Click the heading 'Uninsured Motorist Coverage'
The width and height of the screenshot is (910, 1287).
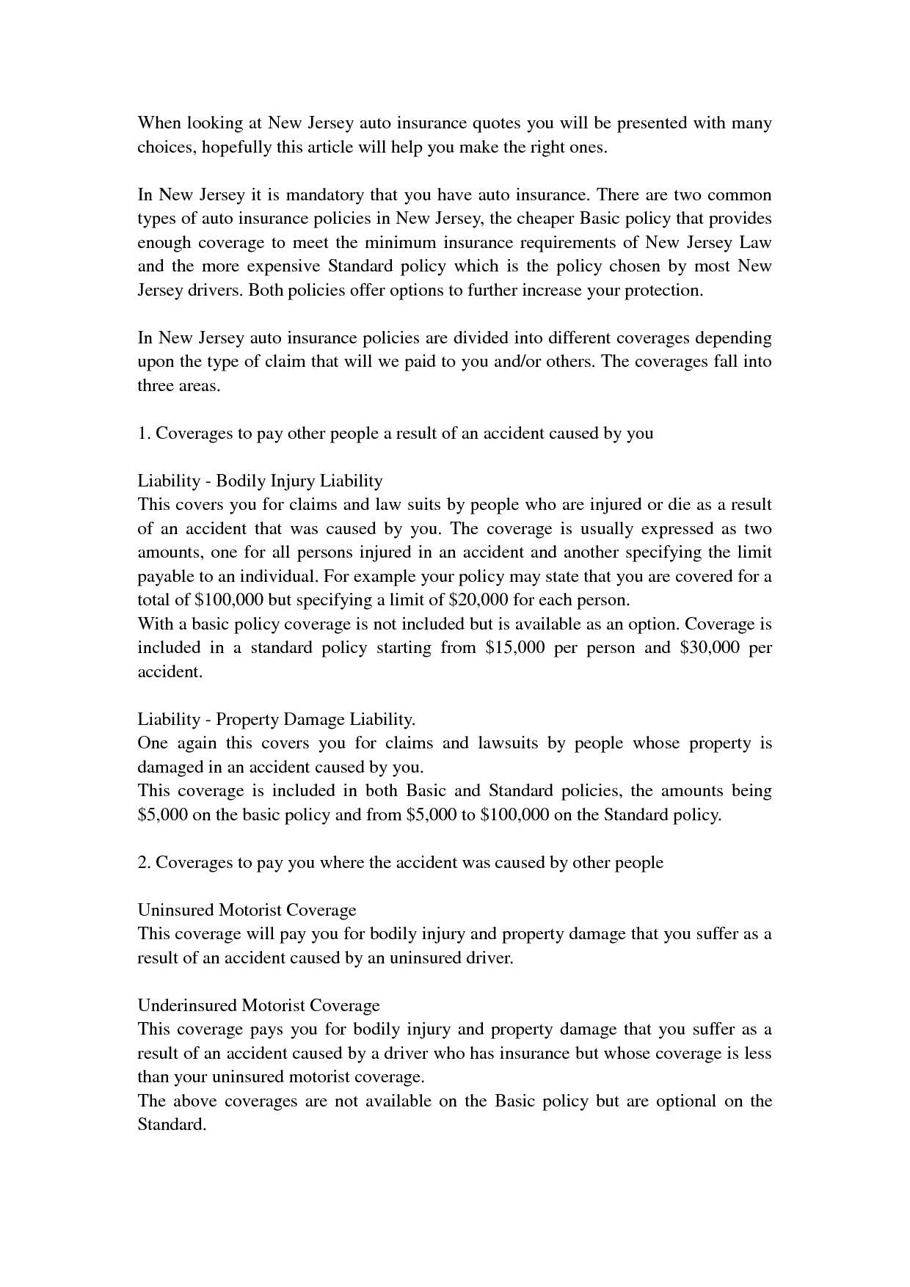pos(247,910)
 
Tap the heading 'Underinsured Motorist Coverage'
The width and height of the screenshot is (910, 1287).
pos(258,1005)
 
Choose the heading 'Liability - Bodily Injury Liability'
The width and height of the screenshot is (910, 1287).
pos(260,481)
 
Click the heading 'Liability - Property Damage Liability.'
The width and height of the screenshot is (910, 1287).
pos(277,719)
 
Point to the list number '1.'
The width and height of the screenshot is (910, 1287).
pos(144,433)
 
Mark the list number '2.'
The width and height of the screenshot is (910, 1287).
pos(144,862)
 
